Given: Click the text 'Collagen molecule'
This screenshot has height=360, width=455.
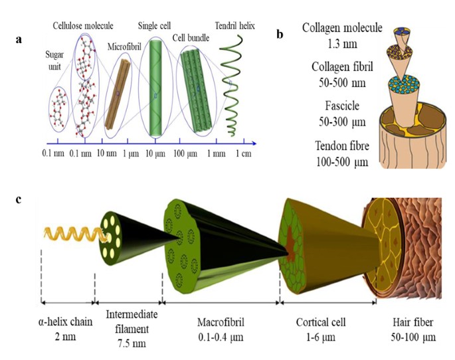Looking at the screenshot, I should click(x=342, y=28).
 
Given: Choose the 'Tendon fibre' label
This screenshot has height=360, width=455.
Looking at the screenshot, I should click(x=342, y=145).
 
